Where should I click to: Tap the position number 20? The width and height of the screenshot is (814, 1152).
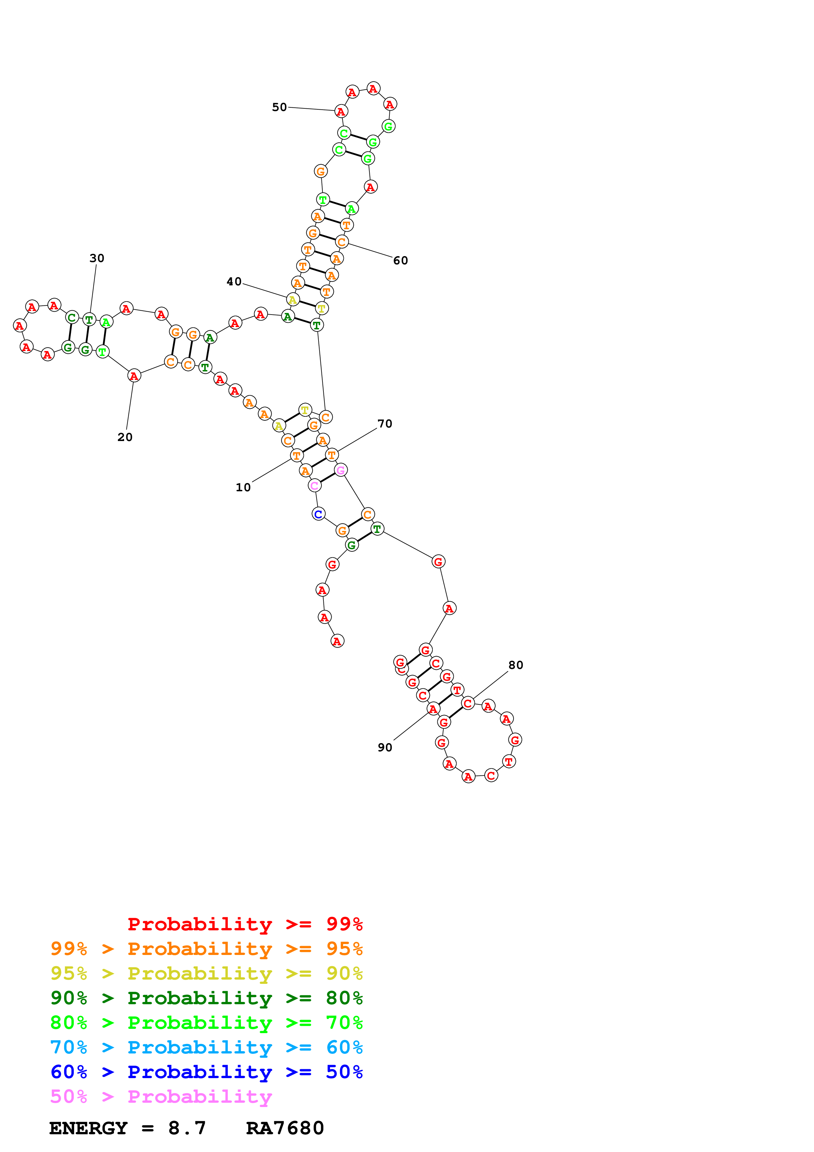[x=125, y=437]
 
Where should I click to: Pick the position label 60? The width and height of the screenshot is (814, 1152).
[x=400, y=260]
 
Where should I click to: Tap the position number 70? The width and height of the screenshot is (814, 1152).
[x=385, y=424]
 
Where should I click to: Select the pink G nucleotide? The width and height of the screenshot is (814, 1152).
[x=341, y=470]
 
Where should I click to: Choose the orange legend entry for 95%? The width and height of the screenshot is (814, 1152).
[x=206, y=949]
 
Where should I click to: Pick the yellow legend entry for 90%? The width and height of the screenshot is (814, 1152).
[x=206, y=973]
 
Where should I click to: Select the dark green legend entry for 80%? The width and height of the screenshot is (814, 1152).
[x=206, y=998]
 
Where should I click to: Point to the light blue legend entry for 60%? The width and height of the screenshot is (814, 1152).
[x=206, y=1047]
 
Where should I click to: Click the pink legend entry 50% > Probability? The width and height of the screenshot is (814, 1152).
[x=161, y=1096]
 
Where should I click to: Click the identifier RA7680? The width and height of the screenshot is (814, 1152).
[x=285, y=1128]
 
